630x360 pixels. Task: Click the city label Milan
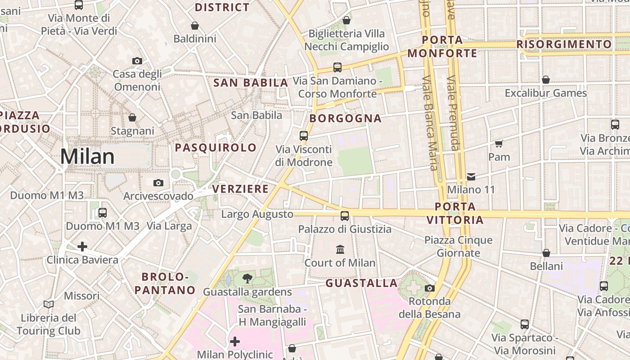[x=87, y=157]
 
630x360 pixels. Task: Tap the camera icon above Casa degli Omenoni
[x=137, y=61]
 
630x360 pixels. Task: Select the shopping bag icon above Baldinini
[x=195, y=26]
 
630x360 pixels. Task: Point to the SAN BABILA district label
[x=251, y=83]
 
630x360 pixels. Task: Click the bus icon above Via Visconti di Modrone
[x=304, y=135]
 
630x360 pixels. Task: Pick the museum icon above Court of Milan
[x=340, y=249]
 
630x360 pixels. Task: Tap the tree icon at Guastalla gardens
[x=247, y=278]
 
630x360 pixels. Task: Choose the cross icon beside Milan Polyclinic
[x=234, y=342]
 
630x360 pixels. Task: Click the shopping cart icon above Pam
[x=499, y=144]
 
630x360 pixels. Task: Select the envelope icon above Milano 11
[x=471, y=176]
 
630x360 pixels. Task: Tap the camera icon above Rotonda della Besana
[x=430, y=288]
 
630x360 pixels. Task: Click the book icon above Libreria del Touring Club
[x=49, y=304]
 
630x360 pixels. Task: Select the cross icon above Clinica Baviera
[x=82, y=247]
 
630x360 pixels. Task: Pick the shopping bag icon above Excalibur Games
[x=546, y=80]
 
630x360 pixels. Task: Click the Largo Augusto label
[x=257, y=214]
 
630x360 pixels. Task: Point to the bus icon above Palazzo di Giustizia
[x=345, y=216]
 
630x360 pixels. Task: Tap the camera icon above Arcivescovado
[x=158, y=183]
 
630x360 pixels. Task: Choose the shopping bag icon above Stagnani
[x=132, y=117]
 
